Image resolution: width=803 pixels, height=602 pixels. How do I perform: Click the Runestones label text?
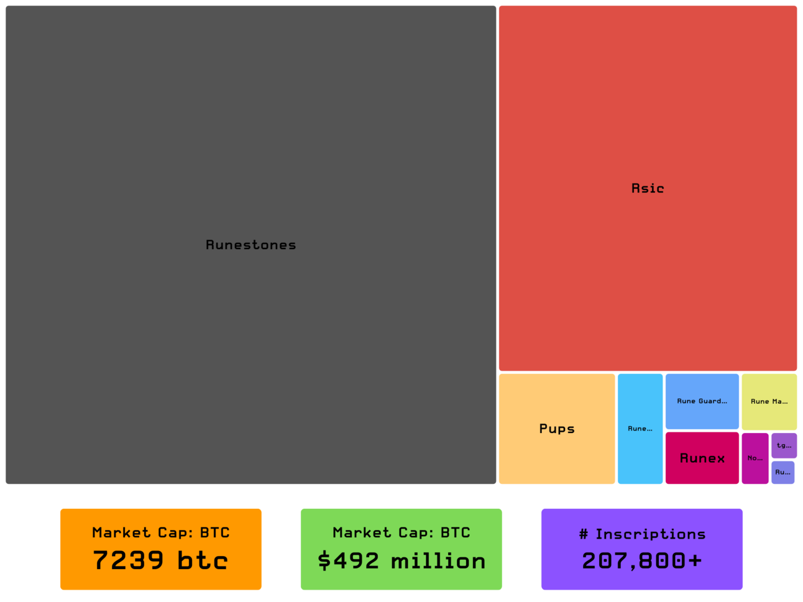coord(250,245)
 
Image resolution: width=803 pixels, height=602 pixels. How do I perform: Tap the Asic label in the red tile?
coord(648,188)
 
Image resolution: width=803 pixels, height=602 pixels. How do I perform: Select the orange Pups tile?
coord(557,429)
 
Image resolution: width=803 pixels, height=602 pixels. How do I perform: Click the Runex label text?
coord(702,458)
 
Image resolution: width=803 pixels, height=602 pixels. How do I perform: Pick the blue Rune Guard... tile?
coord(702,401)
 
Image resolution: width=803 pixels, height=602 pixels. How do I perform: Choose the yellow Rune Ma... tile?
coord(769,401)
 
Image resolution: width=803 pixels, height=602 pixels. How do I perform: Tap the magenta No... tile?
coord(755,458)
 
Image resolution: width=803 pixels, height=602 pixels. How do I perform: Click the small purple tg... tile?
coord(784,445)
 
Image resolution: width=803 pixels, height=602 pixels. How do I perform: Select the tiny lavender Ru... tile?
coord(782,472)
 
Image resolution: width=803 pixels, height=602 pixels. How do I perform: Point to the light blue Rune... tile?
coord(640,429)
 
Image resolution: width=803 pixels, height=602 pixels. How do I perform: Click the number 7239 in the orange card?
coord(128,560)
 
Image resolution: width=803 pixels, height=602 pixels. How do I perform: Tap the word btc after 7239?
coord(203,560)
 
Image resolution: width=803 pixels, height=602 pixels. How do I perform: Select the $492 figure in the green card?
coord(348,561)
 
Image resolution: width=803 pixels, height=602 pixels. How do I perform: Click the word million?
coord(438,561)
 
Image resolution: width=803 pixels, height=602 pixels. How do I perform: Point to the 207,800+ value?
coord(642,561)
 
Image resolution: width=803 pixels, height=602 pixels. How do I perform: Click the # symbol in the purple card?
coord(583,534)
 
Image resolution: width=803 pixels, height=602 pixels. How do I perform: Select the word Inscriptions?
coord(650,534)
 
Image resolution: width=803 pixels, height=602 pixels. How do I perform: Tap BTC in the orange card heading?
coord(214,532)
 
